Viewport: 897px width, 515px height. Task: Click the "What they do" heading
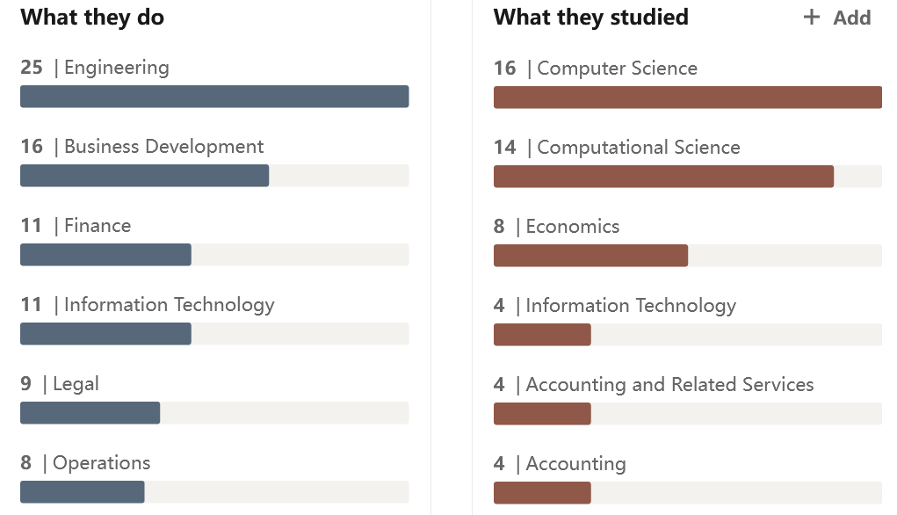[x=92, y=17]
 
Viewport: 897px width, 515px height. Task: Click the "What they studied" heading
[x=590, y=17]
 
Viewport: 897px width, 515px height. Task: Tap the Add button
[x=837, y=18]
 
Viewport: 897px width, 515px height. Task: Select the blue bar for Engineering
[x=214, y=97]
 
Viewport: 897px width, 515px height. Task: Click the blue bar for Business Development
[x=144, y=176]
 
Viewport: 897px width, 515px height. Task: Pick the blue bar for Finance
[x=105, y=255]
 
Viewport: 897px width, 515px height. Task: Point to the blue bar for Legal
[x=90, y=413]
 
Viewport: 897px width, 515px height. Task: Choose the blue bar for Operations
[x=82, y=492]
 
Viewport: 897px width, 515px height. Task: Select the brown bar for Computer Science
[x=687, y=98]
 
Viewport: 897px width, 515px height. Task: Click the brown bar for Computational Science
[x=663, y=177]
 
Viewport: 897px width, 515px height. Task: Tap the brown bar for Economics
[x=590, y=256]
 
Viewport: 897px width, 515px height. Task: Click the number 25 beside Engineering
[x=32, y=68]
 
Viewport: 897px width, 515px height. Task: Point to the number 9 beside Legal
[x=26, y=384]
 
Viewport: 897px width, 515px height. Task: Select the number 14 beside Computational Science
[x=505, y=148]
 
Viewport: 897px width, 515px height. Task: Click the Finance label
[x=98, y=226]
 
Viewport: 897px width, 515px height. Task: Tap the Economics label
[x=573, y=227]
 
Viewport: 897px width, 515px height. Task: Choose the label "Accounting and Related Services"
[x=669, y=385]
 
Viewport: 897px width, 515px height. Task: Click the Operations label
[x=102, y=463]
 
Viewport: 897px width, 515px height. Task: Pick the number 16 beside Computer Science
[x=505, y=69]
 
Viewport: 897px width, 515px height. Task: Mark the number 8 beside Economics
[x=499, y=227]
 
